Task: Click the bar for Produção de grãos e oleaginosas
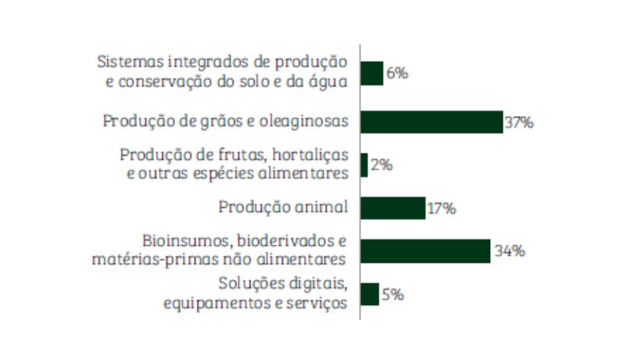click(x=431, y=122)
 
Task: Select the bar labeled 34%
click(x=425, y=251)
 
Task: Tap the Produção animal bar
click(x=392, y=208)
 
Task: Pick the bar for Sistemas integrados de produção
click(x=371, y=73)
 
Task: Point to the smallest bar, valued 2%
click(x=364, y=165)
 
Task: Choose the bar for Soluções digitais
click(x=369, y=294)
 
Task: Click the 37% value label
click(x=519, y=123)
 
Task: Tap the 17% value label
click(x=441, y=209)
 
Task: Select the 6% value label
click(x=397, y=73)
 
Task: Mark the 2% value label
click(x=381, y=165)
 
